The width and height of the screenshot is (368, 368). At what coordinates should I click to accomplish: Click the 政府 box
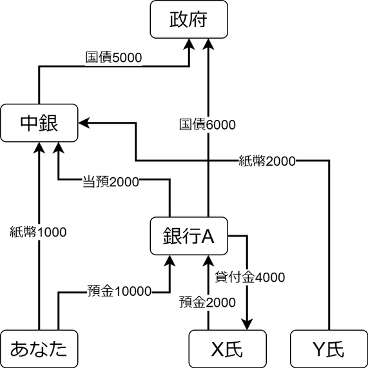pos(189,19)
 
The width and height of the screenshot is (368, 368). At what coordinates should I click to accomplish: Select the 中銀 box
pos(39,123)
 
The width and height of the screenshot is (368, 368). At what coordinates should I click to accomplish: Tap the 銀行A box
pos(189,236)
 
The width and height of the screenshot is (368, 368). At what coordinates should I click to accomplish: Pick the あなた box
pos(39,349)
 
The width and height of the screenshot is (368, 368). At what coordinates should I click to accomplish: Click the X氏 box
pos(228,349)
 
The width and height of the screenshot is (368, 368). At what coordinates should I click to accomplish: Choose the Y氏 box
pos(329,349)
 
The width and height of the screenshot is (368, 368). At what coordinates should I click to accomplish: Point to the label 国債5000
pos(113,58)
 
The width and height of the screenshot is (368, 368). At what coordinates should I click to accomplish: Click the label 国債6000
pos(208,124)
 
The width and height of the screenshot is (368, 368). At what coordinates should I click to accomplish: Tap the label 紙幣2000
pos(267,161)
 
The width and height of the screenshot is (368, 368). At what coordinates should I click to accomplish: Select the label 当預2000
pos(111,182)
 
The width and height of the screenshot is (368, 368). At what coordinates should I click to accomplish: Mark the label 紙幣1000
pos(38,232)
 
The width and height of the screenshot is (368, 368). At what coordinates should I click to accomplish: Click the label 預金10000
pos(119,291)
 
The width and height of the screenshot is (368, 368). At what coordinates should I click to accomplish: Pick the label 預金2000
pos(208,302)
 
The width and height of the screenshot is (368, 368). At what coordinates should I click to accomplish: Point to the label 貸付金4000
pos(250,277)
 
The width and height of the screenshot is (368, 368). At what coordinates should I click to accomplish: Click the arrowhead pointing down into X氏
pos(247,324)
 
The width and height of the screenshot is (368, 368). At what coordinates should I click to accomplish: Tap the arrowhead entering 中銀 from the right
pos(84,122)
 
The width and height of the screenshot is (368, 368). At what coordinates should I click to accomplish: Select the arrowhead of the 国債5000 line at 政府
pos(189,44)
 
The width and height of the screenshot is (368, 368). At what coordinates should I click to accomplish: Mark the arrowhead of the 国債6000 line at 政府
pos(208,44)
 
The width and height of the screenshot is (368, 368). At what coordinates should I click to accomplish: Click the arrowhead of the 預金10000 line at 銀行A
pos(169,261)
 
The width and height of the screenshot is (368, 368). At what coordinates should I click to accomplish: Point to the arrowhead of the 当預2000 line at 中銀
pos(59,148)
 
